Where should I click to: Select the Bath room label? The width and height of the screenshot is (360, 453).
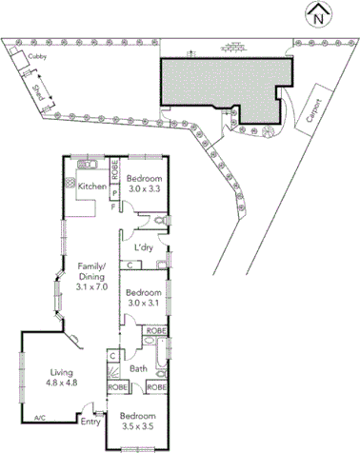137,368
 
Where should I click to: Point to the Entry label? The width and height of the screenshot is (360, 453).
90,422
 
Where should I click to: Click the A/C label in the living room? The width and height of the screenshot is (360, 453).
40,418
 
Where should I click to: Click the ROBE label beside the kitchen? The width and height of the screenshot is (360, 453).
113,172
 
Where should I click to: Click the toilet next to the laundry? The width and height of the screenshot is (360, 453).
159,222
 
